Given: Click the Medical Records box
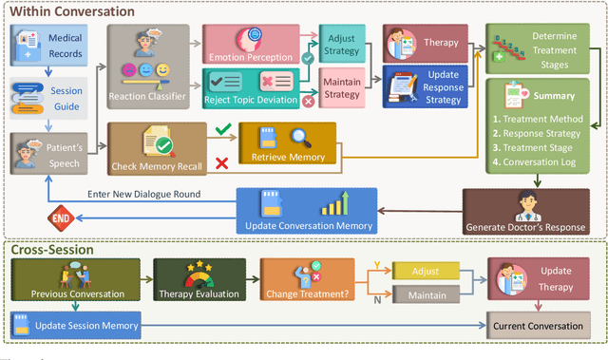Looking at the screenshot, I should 50,45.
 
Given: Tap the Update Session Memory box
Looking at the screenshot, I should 75,326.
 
